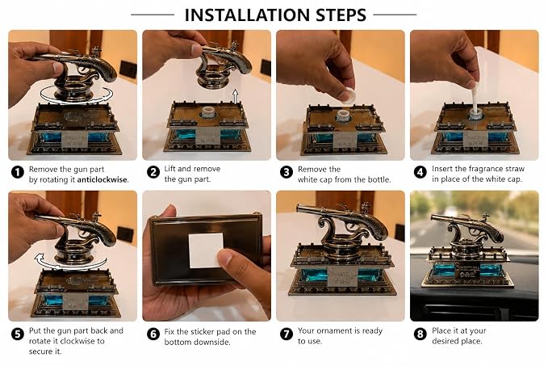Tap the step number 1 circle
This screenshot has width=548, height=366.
coord(18,172)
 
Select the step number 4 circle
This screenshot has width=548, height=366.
coord(420,172)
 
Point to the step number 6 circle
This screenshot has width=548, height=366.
coord(153,334)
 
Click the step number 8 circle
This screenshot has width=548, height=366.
coord(420,334)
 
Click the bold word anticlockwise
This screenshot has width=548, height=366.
coord(102,180)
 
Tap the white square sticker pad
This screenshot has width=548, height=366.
coord(206,250)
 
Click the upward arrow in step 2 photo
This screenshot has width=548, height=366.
coord(236,96)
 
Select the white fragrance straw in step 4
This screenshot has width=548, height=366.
coord(475,99)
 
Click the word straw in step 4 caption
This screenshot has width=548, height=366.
coord(514,169)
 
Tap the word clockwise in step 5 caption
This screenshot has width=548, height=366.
coord(77,341)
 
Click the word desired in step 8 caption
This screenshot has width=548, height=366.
coord(445,341)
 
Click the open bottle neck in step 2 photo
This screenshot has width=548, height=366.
coord(209,112)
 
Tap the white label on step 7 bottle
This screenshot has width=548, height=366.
coord(342,277)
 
